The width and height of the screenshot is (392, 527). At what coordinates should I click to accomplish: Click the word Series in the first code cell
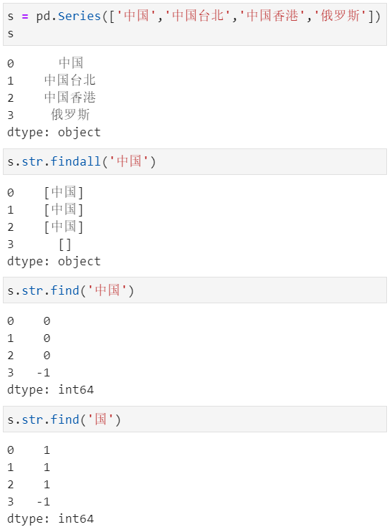[x=80, y=16]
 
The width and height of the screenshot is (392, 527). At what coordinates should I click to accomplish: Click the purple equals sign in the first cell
[x=25, y=16]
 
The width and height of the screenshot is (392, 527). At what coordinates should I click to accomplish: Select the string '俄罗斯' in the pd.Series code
[x=340, y=16]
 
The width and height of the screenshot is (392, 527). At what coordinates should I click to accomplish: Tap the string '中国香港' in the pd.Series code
[x=272, y=16]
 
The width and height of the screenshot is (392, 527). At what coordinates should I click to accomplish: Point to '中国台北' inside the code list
[x=198, y=16]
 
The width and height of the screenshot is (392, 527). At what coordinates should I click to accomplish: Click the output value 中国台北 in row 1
[x=70, y=80]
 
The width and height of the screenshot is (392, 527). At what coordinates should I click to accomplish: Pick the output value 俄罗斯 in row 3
[x=70, y=115]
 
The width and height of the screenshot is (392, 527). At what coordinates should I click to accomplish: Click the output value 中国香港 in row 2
[x=70, y=98]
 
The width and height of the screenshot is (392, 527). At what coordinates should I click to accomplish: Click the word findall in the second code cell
[x=75, y=161]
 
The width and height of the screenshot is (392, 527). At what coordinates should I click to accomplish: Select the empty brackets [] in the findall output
[x=64, y=244]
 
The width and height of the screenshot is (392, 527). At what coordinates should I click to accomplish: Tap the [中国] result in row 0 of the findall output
[x=64, y=192]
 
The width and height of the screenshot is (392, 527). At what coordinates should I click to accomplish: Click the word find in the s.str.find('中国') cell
[x=64, y=290]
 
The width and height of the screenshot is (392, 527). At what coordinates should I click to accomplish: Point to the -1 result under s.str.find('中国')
[x=43, y=373]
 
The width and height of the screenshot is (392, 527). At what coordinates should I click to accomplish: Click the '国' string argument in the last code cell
[x=100, y=419]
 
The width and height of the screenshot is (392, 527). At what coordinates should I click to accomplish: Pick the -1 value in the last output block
[x=43, y=502]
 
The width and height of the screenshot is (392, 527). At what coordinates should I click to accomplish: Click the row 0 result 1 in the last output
[x=47, y=450]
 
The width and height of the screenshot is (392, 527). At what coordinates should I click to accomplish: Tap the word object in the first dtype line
[x=80, y=133]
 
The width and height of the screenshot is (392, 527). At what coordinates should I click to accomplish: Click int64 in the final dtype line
[x=76, y=519]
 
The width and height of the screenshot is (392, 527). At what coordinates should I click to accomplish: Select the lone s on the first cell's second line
[x=11, y=34]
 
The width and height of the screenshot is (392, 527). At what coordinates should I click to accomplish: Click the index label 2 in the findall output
[x=11, y=227]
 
